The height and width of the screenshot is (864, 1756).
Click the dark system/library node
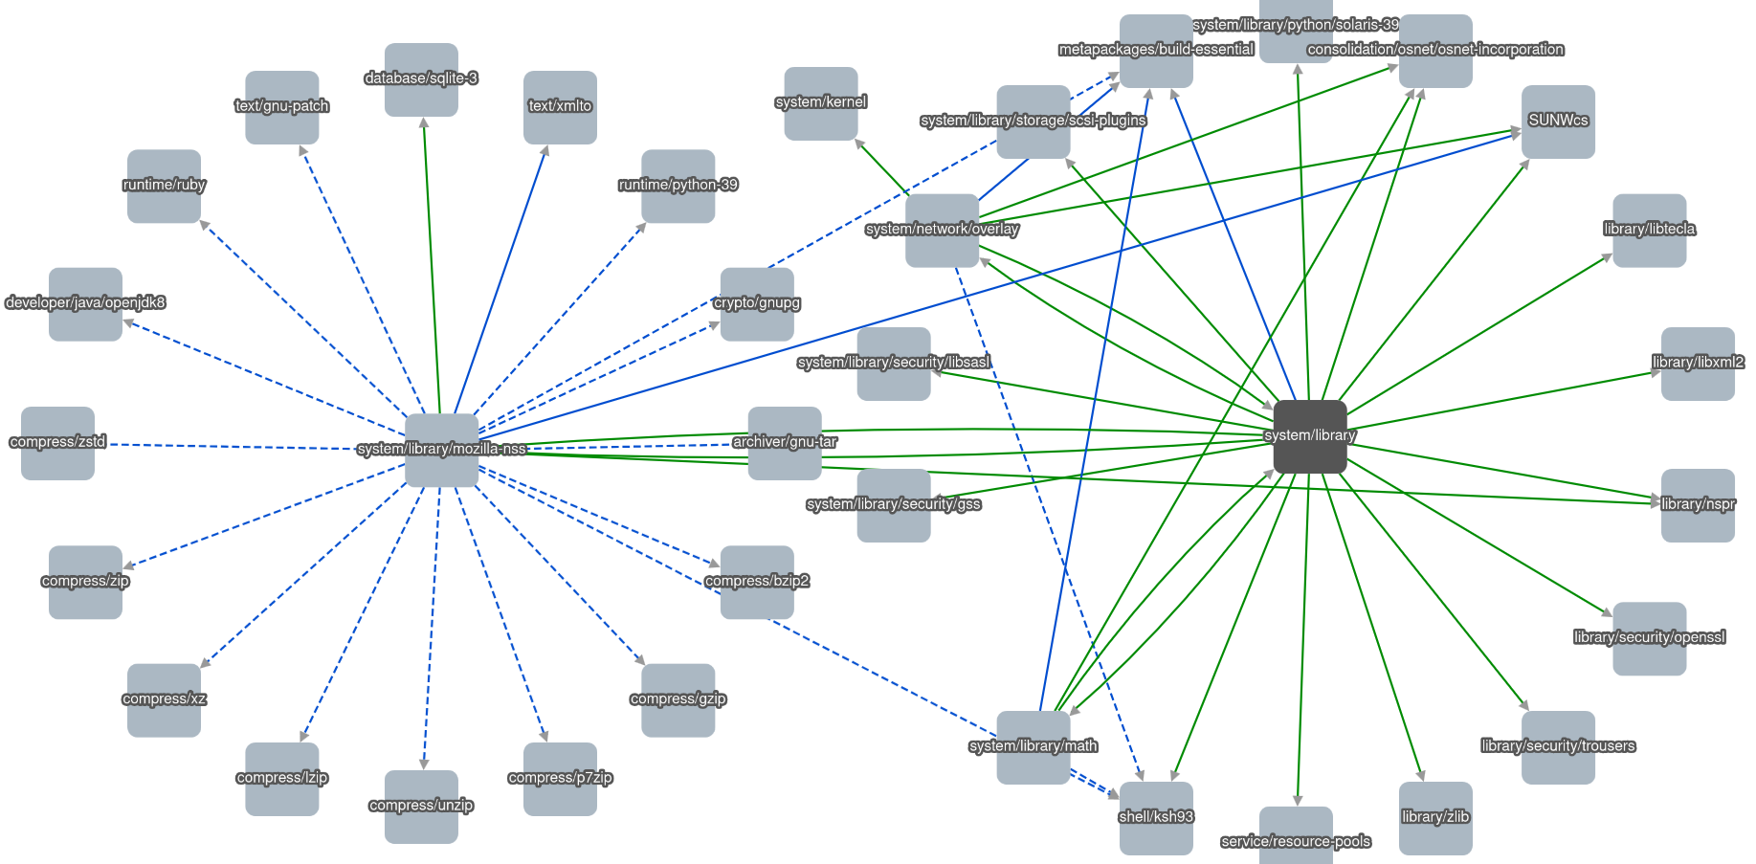(x=1309, y=436)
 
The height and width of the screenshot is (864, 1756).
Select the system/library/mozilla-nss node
(x=441, y=450)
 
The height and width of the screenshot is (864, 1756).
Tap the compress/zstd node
(x=57, y=443)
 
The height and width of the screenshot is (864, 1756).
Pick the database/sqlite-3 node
(x=421, y=79)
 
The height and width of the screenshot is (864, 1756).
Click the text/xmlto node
(x=560, y=107)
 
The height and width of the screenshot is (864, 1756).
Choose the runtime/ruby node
(x=164, y=186)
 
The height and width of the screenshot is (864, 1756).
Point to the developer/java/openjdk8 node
(x=85, y=303)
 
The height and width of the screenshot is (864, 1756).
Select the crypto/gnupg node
(x=757, y=303)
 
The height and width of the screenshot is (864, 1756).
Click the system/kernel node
(x=821, y=103)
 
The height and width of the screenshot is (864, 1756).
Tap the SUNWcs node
(x=1558, y=122)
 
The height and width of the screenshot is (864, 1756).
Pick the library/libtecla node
(x=1649, y=231)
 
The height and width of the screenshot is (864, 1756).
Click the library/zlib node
(x=1435, y=818)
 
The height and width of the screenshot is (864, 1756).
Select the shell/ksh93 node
(x=1156, y=818)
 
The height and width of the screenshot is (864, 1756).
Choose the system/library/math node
(x=1034, y=747)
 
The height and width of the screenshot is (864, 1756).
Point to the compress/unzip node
(x=421, y=807)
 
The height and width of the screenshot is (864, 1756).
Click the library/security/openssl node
(x=1649, y=638)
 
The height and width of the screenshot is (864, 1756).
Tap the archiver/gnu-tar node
(x=785, y=443)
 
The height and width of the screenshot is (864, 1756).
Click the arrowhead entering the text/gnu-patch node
(x=302, y=151)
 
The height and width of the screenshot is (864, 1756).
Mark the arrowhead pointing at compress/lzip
(x=303, y=736)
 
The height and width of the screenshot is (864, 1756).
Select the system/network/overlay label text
(x=942, y=230)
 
